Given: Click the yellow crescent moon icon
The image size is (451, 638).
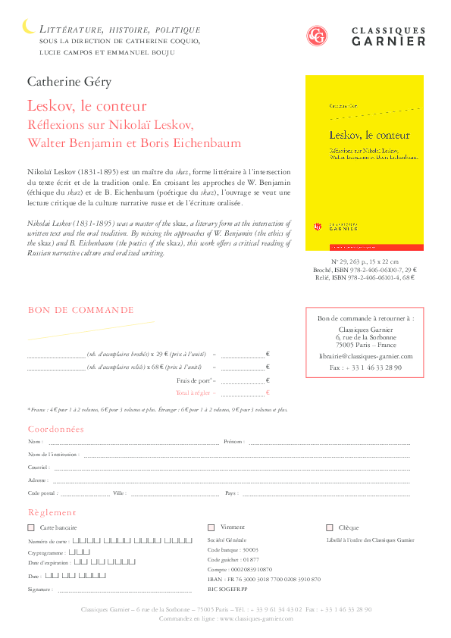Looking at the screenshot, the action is tap(28, 27).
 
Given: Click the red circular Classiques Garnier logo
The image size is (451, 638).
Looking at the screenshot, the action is tap(316, 36).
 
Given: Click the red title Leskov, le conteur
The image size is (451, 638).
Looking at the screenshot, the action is tap(87, 105).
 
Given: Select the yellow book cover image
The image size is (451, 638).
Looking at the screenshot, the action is tap(359, 162).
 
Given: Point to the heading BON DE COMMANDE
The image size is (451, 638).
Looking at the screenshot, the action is tap(80, 310).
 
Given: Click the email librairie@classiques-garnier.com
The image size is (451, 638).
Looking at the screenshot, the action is tap(365, 355).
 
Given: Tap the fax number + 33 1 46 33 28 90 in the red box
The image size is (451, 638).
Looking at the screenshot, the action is tap(365, 367).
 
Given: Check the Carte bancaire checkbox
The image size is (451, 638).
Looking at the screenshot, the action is tap(31, 527).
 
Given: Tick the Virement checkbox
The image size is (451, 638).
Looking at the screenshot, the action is tap(211, 527).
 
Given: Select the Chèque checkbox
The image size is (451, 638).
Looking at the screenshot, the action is tap(330, 527).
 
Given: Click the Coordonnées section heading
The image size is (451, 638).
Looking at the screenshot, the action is tap(55, 430).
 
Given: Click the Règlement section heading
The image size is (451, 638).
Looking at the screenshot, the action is tap(52, 513).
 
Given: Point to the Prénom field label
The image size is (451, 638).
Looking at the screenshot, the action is tap(233, 442).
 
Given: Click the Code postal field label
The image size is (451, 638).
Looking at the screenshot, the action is tap(42, 493).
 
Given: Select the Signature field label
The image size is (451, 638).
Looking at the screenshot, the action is tap(41, 589).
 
